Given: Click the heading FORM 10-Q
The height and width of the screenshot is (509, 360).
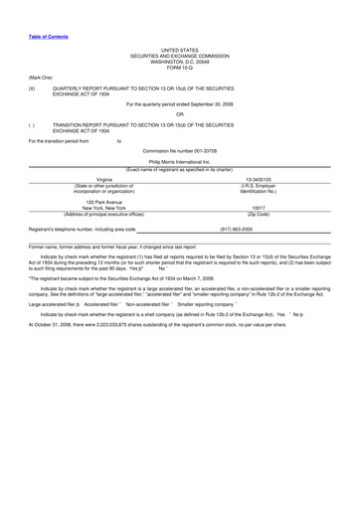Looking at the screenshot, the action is coord(180,67).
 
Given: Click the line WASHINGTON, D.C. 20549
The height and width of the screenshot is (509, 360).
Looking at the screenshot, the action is coord(180,61).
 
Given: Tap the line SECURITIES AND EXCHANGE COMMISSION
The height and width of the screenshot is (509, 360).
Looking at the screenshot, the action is coord(180,55).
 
